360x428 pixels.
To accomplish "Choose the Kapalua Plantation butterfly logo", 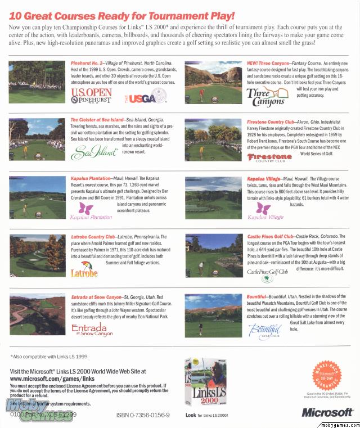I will pyautogui.click(x=91, y=211).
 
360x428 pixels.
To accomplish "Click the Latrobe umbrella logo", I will pyautogui.click(x=84, y=269).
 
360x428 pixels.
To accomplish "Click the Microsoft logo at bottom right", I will pyautogui.click(x=327, y=412).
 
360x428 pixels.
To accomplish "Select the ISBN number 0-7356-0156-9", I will pyautogui.click(x=140, y=415).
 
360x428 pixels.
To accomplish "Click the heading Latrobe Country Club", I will pyautogui.click(x=94, y=237).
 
